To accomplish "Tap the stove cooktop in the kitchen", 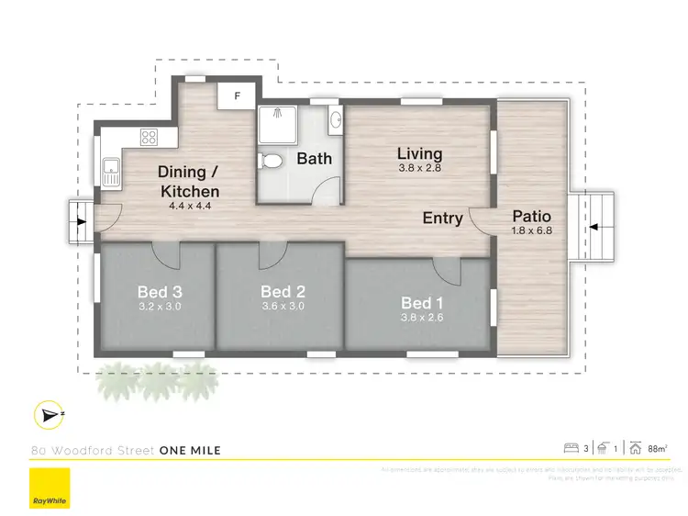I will (148, 138).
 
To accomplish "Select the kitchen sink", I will (111, 172).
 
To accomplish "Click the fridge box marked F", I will (237, 95).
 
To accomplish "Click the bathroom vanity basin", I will (335, 118).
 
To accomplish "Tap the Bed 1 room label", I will (419, 303).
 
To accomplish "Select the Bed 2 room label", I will (282, 293).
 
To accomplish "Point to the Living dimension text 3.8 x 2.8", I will (419, 168).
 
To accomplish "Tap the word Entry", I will (442, 218).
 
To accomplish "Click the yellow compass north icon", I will (47, 415).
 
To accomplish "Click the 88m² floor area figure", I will (657, 448).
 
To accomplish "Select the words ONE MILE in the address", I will (190, 450).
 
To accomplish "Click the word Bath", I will (314, 158).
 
